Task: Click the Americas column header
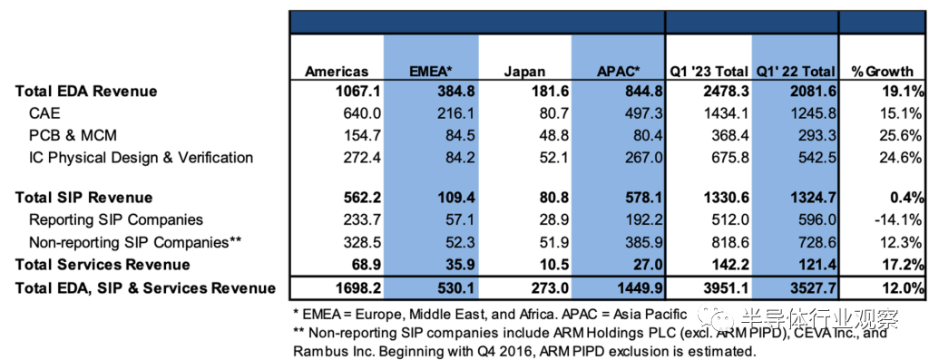click(x=337, y=72)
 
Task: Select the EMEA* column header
click(x=431, y=72)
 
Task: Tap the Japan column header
click(x=524, y=72)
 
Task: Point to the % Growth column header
click(x=882, y=72)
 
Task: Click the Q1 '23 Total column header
click(x=709, y=72)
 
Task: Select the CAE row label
click(x=44, y=113)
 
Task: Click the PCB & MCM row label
click(x=73, y=136)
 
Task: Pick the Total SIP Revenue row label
click(x=83, y=198)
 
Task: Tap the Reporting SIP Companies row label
click(x=116, y=220)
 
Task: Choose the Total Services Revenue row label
click(x=103, y=265)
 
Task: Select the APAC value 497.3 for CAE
click(x=642, y=113)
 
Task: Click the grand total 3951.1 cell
click(x=727, y=288)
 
